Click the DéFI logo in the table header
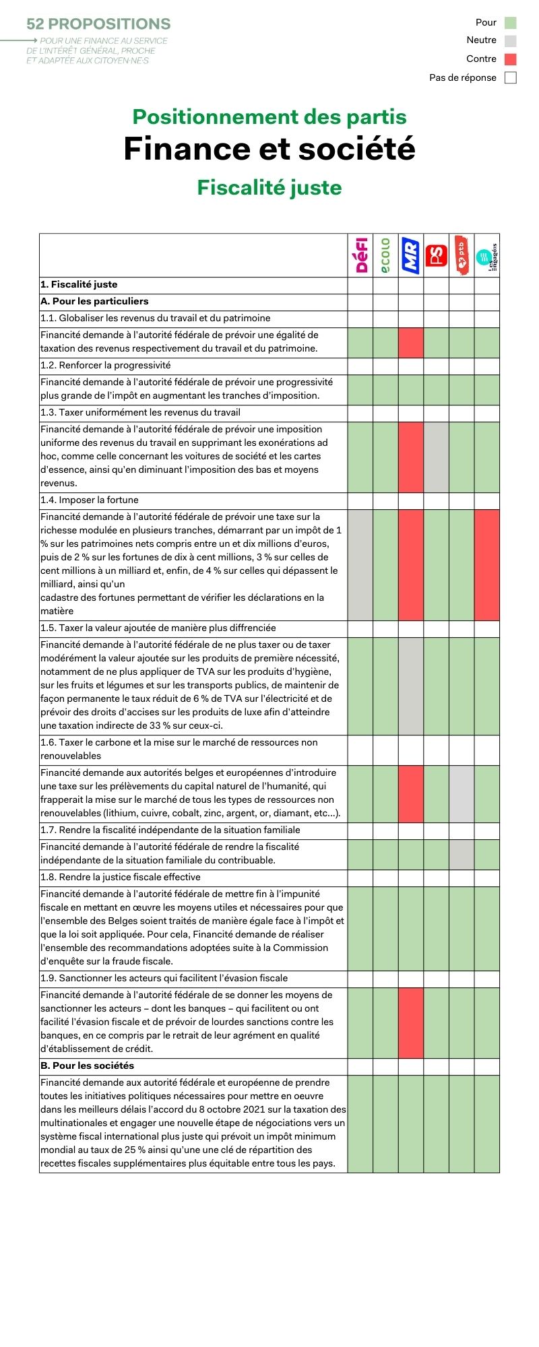pos(360,255)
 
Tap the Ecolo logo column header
pos(385,255)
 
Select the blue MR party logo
pos(411,255)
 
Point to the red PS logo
pos(437,255)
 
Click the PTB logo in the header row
pos(462,255)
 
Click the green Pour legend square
pos(511,22)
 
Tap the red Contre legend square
pos(511,59)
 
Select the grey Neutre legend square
pos(511,40)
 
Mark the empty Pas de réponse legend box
pos(511,77)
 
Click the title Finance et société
pos(269,149)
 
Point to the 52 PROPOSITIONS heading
pos(98,24)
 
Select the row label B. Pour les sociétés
pos(88,1065)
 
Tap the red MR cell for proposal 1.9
pos(411,1022)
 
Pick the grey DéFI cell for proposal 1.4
pos(360,564)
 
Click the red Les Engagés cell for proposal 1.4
pos(487,564)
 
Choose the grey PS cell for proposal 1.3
pos(437,457)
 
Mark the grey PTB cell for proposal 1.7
pos(462,854)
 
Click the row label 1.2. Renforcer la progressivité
pos(106,365)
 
